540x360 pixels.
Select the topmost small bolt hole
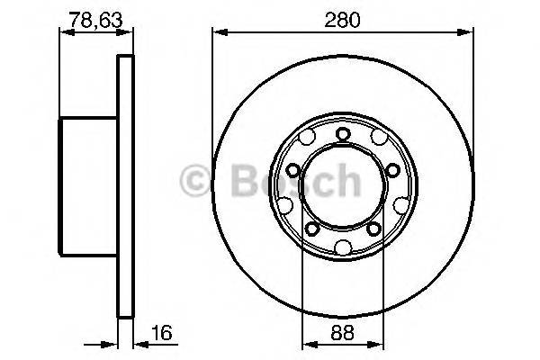tap(342, 134)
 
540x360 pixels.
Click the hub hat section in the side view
tap(88, 188)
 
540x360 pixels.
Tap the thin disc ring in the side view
tap(126, 188)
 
